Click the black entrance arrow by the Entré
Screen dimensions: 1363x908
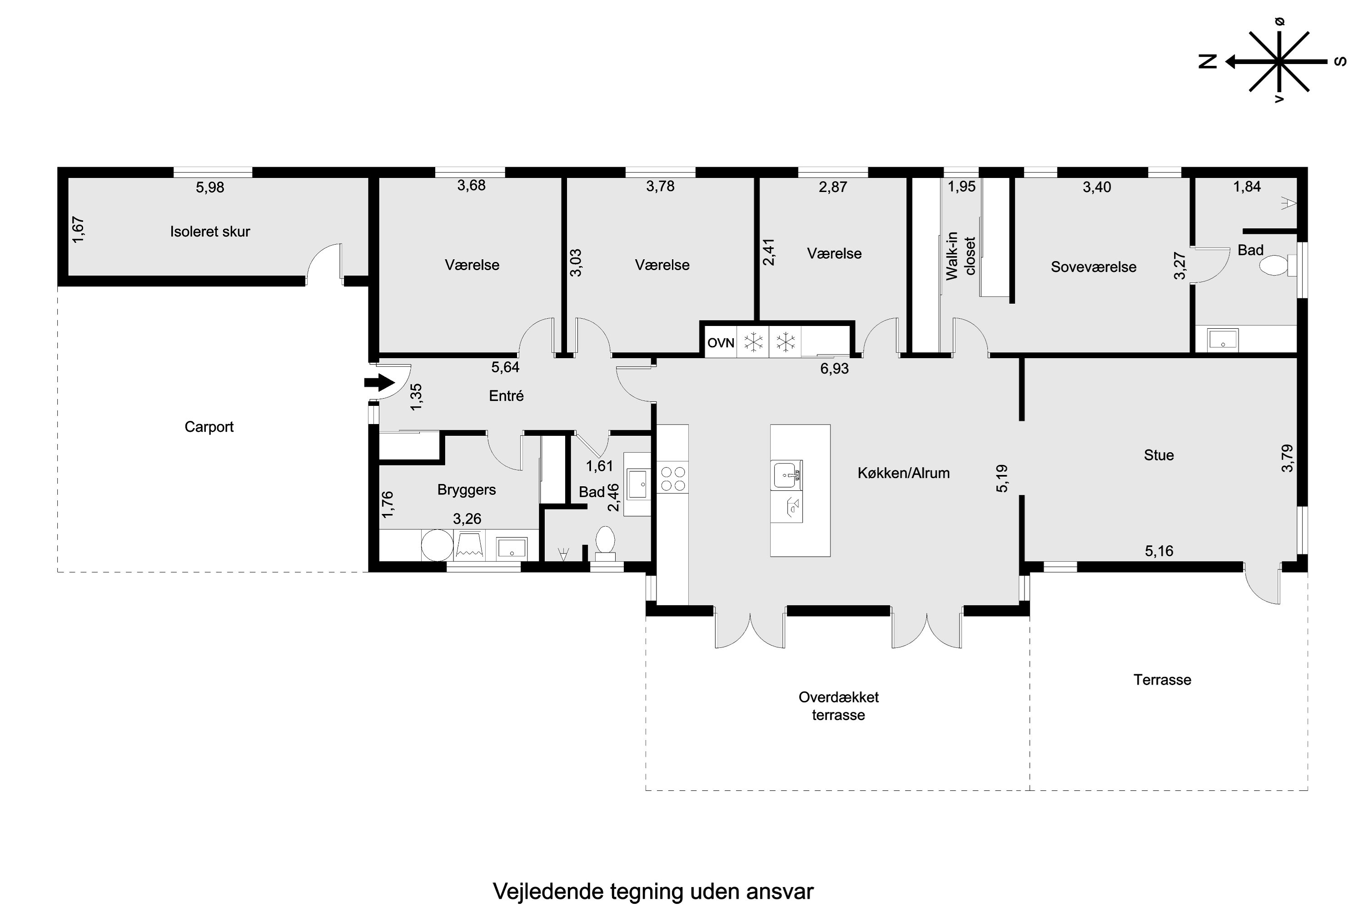pos(379,383)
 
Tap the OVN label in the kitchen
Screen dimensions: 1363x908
pos(721,343)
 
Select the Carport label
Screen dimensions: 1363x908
pos(209,427)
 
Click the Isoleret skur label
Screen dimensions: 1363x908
pos(210,232)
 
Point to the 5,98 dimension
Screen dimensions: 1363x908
pos(210,187)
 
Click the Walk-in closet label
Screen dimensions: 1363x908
pos(961,256)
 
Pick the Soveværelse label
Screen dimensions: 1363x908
pos(1094,267)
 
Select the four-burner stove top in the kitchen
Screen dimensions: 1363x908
pos(673,479)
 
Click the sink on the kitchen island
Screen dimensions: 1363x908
pos(786,475)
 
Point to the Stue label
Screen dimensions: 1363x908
pos(1159,455)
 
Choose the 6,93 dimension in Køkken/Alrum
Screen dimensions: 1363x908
pos(835,368)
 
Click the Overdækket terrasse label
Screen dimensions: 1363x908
pos(839,706)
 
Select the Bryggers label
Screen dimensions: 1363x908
pos(467,490)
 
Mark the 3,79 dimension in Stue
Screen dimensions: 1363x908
pos(1287,458)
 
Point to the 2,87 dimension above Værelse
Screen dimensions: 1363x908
pos(833,187)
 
